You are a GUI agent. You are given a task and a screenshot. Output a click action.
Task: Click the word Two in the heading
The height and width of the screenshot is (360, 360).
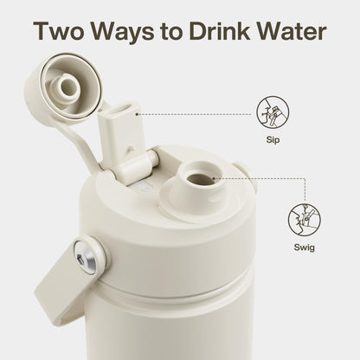pyautogui.click(x=59, y=30)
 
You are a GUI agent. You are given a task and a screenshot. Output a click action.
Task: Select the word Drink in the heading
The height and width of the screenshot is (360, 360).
pyautogui.click(x=219, y=30)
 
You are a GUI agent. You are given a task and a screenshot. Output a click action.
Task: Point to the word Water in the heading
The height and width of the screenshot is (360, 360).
pyautogui.click(x=292, y=30)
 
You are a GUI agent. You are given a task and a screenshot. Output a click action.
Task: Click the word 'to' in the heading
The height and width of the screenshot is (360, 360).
pyautogui.click(x=172, y=32)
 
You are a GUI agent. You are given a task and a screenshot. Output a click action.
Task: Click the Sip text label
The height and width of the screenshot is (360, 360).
pyautogui.click(x=273, y=140)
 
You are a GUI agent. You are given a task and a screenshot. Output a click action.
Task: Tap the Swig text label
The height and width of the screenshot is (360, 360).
pyautogui.click(x=305, y=247)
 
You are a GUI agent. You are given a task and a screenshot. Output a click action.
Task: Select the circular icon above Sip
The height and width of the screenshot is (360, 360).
pyautogui.click(x=273, y=112)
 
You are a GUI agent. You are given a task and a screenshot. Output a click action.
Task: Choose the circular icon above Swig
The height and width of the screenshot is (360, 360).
pyautogui.click(x=305, y=220)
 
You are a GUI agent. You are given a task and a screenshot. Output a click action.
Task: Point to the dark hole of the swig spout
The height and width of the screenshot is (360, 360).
pyautogui.click(x=201, y=178)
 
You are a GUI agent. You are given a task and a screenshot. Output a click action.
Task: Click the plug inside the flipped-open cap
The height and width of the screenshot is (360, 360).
pyautogui.click(x=67, y=87)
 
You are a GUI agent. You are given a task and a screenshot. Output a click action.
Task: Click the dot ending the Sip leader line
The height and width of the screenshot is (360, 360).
pyautogui.click(x=137, y=114)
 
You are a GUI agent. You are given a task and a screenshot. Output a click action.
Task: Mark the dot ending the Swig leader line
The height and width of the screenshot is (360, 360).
pyautogui.click(x=214, y=178)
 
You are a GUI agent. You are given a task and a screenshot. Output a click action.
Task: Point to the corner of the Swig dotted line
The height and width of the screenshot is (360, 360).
pyautogui.click(x=305, y=178)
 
